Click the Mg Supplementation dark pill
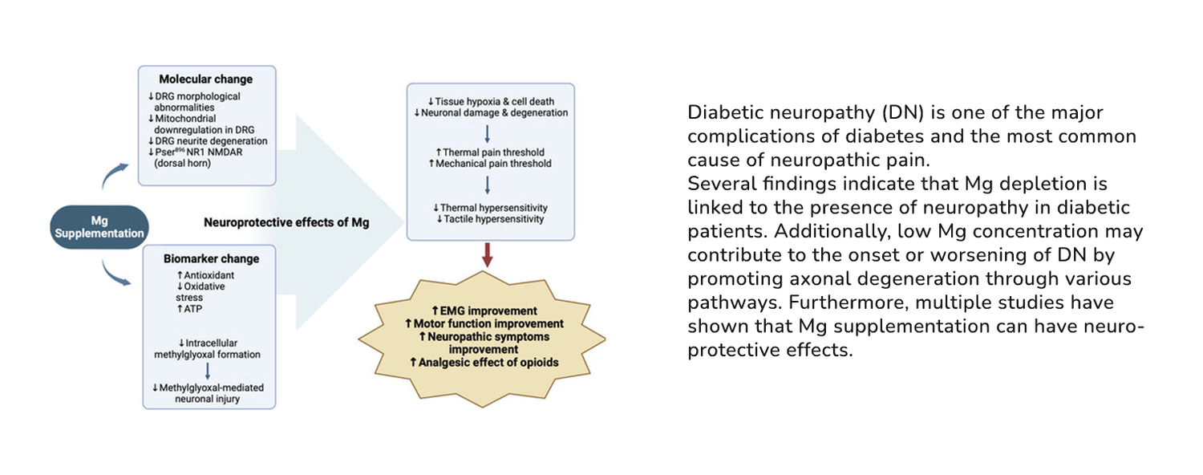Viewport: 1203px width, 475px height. (98, 226)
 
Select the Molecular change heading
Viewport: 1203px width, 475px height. (205, 79)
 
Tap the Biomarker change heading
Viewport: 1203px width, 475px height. (211, 259)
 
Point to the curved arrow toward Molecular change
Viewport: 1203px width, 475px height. (114, 175)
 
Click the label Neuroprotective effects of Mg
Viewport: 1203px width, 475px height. (286, 222)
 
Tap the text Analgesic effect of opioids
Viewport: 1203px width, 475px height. (484, 363)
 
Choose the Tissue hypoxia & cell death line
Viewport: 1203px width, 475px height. (490, 102)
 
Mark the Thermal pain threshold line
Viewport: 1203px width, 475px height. (490, 152)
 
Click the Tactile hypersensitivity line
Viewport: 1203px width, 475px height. (490, 219)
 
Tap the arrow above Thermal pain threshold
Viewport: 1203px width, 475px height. (488, 133)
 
